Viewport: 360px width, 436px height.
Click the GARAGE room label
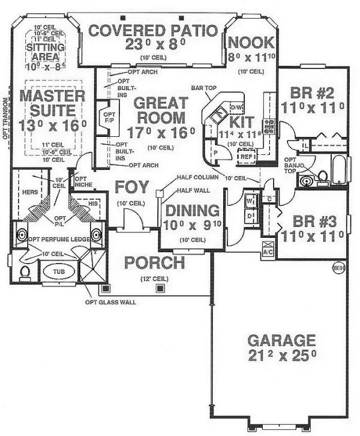point(281,340)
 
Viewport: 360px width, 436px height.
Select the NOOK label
point(251,43)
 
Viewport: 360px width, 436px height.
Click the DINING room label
point(192,210)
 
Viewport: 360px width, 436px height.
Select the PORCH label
point(155,262)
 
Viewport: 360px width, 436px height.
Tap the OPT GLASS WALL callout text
point(111,302)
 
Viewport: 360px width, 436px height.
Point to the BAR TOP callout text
point(203,87)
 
